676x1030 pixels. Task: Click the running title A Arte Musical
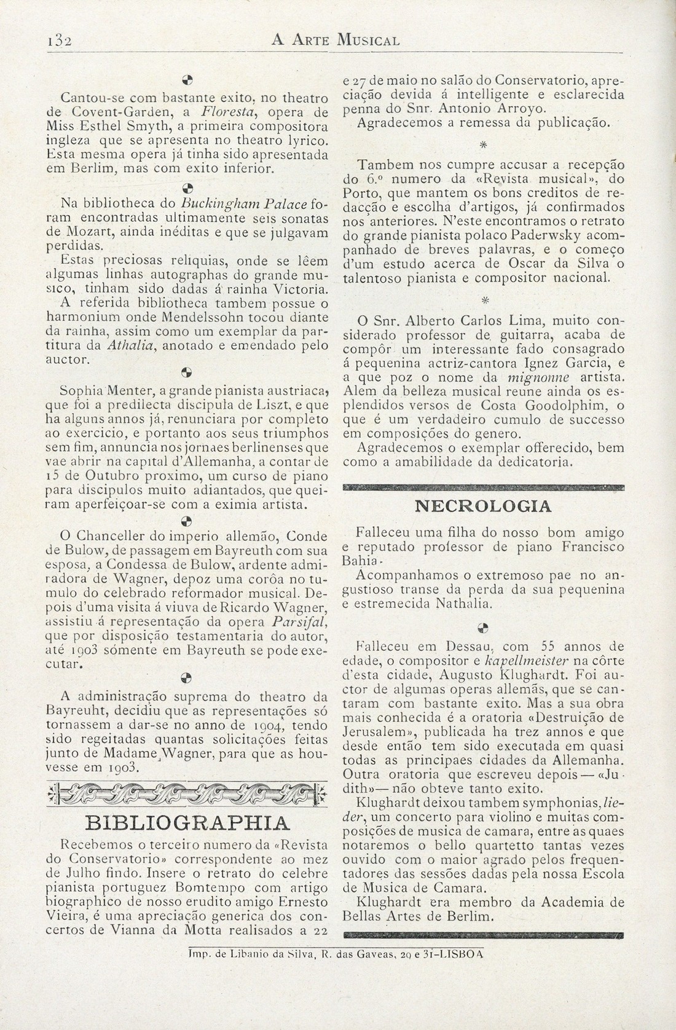(x=336, y=41)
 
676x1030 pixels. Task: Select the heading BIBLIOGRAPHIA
(x=186, y=823)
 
